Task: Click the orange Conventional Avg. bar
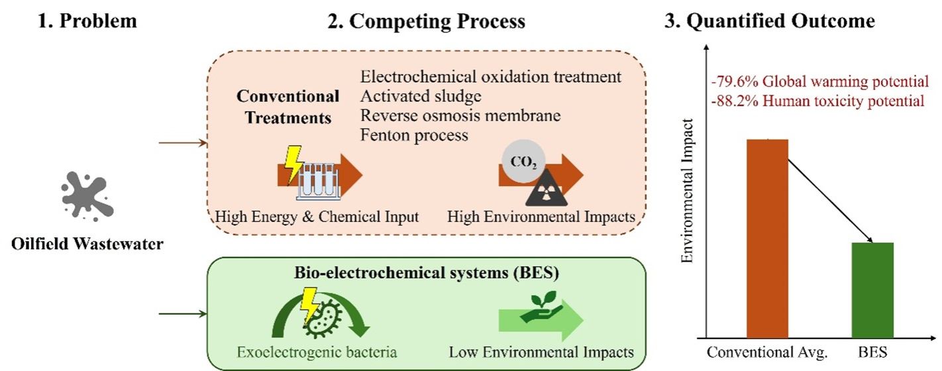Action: [x=767, y=238]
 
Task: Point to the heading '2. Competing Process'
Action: [x=437, y=21]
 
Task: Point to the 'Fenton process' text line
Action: [x=414, y=135]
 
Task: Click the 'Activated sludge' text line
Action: [x=421, y=97]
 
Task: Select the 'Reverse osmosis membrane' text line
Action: [x=460, y=116]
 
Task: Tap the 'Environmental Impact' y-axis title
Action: [x=687, y=191]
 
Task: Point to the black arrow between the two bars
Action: [x=831, y=193]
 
